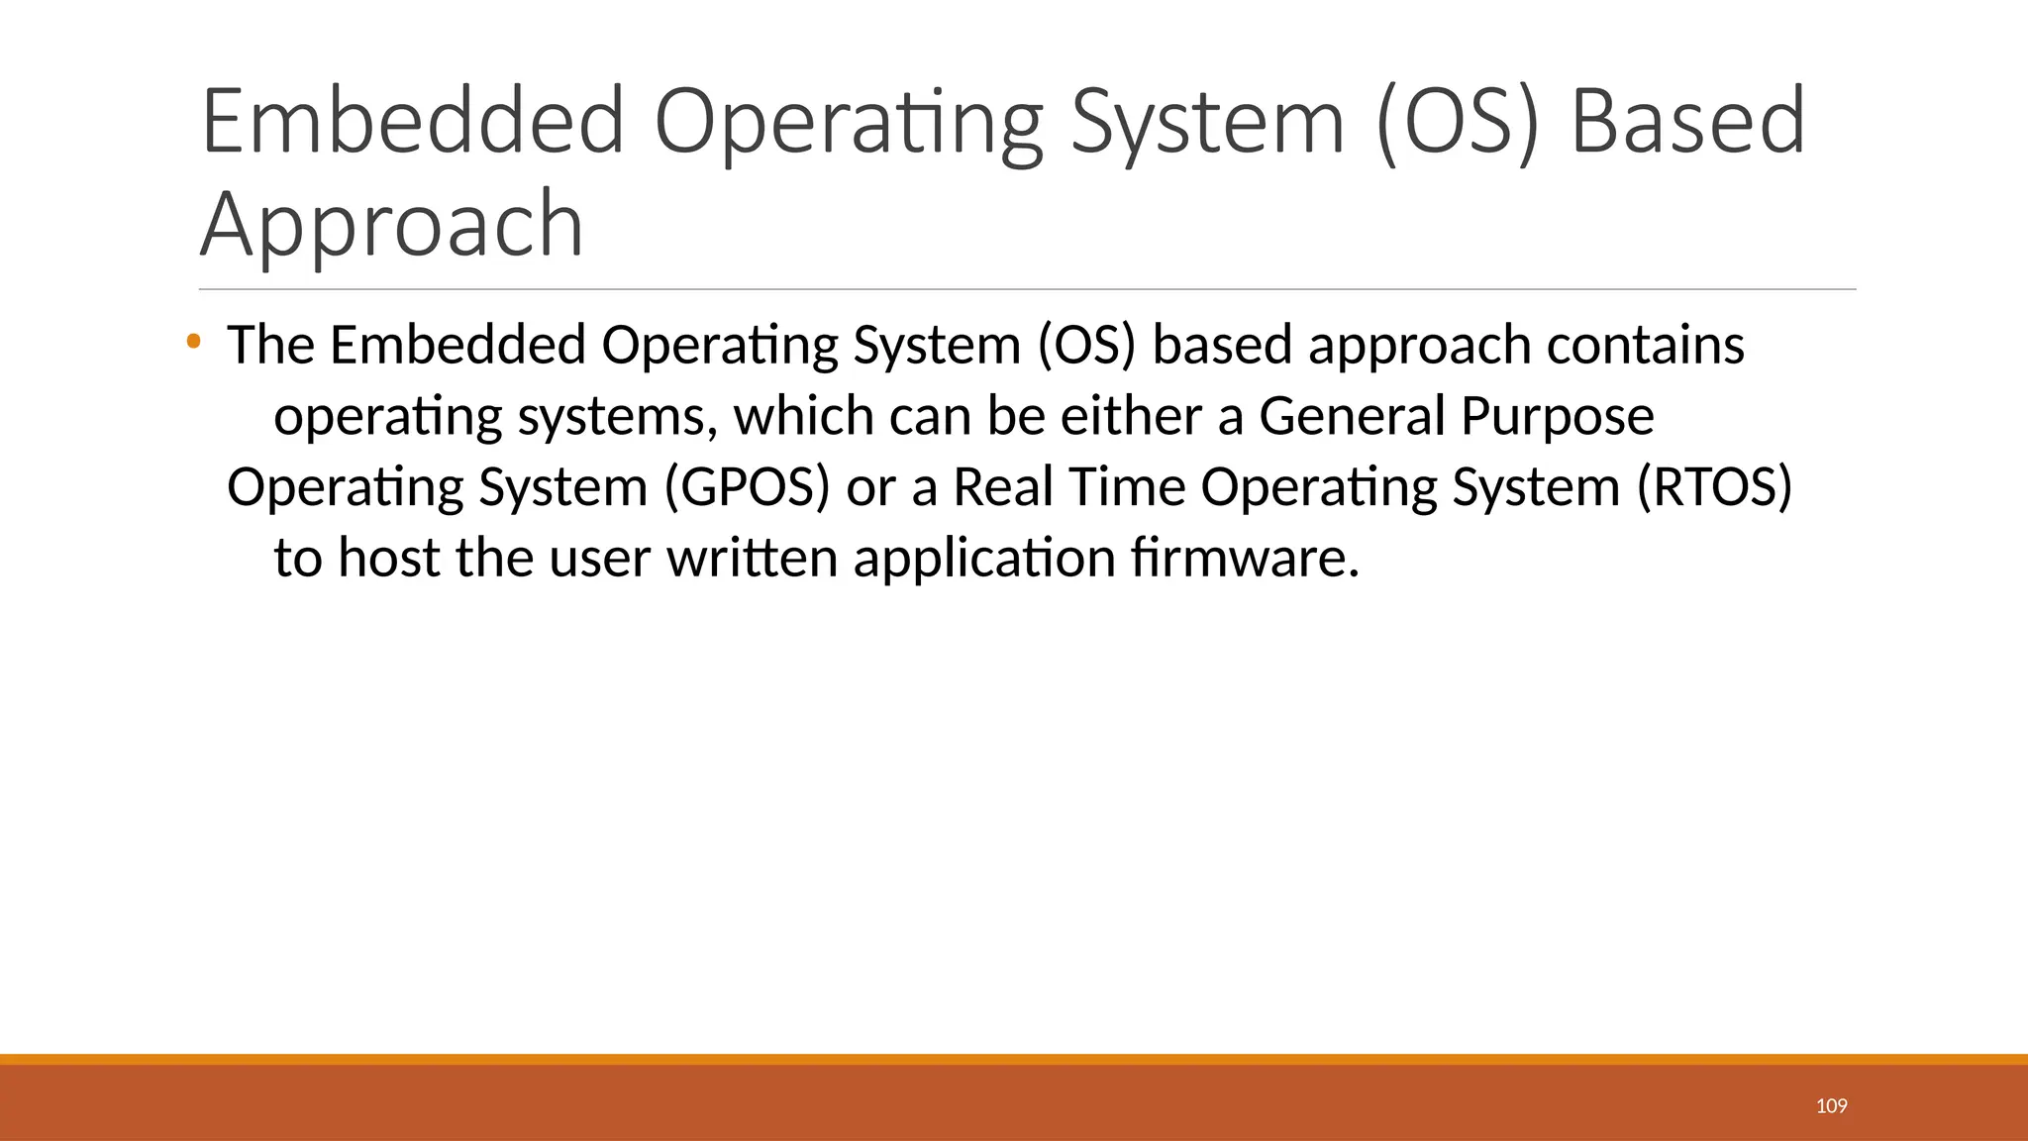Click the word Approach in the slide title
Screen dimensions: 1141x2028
(x=392, y=226)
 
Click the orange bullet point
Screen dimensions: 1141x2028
(x=193, y=343)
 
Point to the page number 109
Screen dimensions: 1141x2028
(x=1831, y=1105)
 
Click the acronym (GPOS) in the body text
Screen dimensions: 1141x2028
(x=747, y=487)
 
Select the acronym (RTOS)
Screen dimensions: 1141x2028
(x=1714, y=487)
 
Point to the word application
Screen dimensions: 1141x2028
(x=984, y=560)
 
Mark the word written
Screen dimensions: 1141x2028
(x=753, y=558)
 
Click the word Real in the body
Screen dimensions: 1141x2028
(x=1002, y=487)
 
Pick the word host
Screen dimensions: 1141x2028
(x=388, y=558)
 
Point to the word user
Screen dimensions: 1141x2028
(x=599, y=560)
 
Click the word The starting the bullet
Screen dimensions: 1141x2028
(x=270, y=346)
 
